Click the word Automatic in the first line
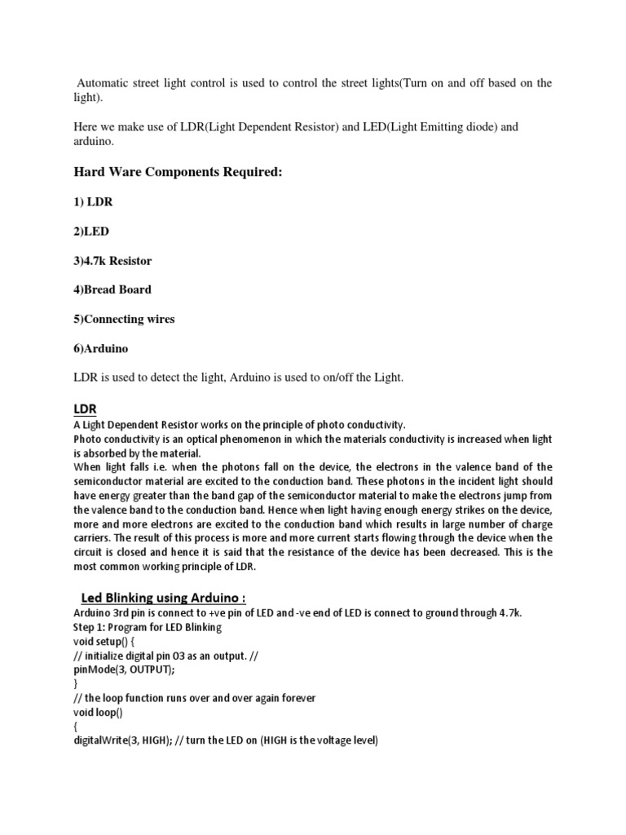[x=104, y=83]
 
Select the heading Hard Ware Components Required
[x=179, y=172]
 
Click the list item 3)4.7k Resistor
[x=112, y=261]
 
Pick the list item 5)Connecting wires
[x=124, y=319]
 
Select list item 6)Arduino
[x=101, y=348]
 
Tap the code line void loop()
[x=99, y=712]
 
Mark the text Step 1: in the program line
[x=90, y=628]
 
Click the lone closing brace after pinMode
[x=76, y=683]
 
